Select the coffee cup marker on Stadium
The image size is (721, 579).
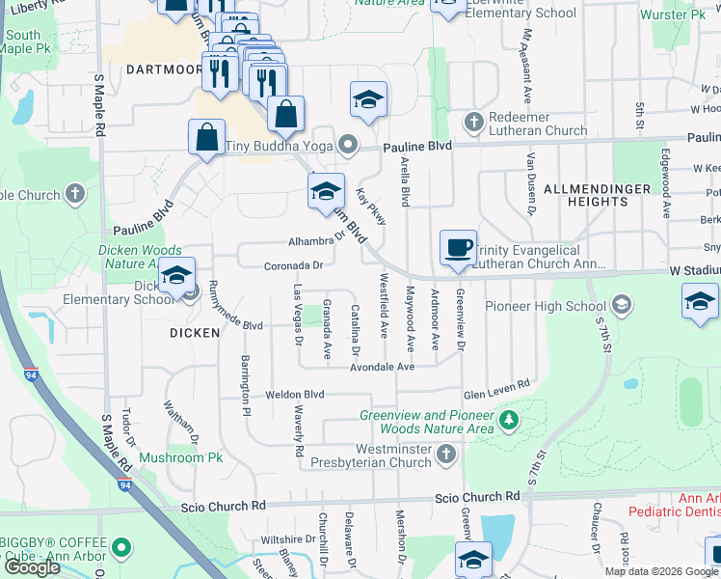459,247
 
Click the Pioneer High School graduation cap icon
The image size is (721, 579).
622,306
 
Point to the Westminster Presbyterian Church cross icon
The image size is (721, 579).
445,454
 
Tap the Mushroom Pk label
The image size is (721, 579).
181,457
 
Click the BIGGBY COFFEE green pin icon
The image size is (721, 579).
121,549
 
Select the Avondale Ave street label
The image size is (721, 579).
382,368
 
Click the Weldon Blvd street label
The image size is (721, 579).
295,395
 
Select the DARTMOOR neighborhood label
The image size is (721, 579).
161,69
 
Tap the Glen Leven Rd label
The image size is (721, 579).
497,384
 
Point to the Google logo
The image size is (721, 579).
32,567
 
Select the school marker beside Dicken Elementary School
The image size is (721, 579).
176,276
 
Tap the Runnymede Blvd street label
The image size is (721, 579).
227,325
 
